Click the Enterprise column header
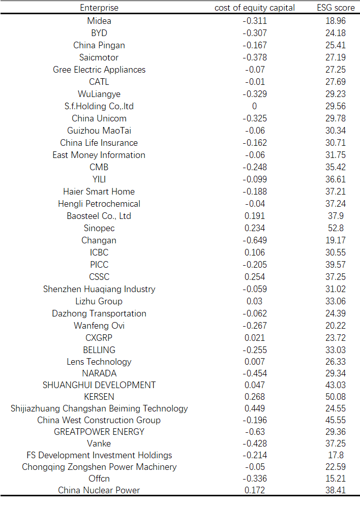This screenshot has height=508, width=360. tap(99, 8)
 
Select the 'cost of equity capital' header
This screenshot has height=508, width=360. tap(255, 8)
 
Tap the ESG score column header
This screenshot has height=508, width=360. tap(336, 8)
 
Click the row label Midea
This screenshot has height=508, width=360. tap(99, 21)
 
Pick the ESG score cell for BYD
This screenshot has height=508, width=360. tap(336, 33)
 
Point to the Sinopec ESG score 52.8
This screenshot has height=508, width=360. tap(336, 228)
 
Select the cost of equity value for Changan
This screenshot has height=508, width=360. tap(255, 240)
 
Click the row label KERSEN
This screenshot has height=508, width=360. tap(99, 396)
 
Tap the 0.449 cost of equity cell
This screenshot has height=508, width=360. tap(255, 408)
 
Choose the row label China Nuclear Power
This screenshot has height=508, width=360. tap(99, 490)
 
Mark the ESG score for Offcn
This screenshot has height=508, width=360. tap(336, 479)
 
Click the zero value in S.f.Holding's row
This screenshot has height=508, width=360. tap(255, 106)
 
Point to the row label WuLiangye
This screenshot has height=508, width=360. tap(99, 94)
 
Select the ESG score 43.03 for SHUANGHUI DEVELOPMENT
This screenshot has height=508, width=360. tap(336, 385)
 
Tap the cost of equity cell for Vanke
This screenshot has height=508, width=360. tap(255, 443)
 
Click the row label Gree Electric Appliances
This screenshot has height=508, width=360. tap(99, 70)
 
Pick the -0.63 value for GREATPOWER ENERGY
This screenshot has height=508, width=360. tap(255, 432)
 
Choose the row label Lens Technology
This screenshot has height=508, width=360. tap(99, 362)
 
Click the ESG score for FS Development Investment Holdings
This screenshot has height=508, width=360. tap(336, 455)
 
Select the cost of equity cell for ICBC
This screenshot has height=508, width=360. tap(255, 252)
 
